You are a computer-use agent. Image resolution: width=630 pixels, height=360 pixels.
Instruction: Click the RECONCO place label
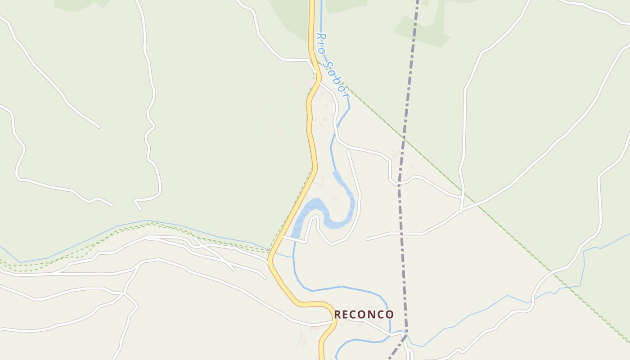[364, 314]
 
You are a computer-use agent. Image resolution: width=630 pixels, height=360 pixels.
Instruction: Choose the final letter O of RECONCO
[390, 314]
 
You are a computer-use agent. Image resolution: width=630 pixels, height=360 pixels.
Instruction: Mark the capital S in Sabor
[330, 64]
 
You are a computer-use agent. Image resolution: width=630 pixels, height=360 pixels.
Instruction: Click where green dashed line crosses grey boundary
[404, 139]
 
